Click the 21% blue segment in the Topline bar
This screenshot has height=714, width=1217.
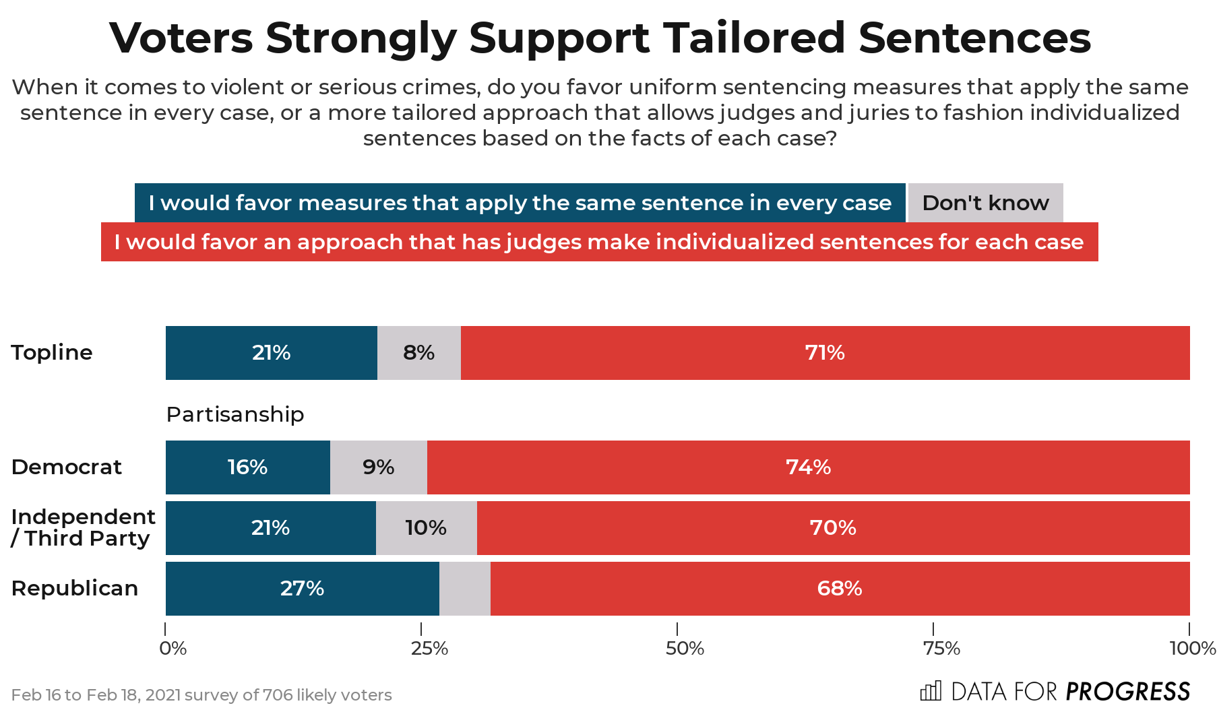pos(271,353)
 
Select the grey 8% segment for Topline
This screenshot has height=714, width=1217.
pos(418,353)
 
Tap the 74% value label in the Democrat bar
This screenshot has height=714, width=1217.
pos(808,467)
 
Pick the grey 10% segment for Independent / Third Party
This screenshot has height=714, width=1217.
pos(426,528)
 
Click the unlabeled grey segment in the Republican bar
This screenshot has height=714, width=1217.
pos(464,589)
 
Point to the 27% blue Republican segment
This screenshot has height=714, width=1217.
pos(302,589)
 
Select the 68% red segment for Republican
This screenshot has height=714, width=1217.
pos(839,589)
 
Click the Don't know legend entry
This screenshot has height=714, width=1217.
pos(985,203)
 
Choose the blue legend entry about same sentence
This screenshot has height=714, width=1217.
pos(520,203)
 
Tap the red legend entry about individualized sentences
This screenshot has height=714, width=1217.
pos(599,242)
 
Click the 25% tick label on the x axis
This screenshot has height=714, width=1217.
pos(429,649)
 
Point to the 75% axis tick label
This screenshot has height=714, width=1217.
pos(941,649)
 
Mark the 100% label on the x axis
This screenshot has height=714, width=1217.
pos(1192,649)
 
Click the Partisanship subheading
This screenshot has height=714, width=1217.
pos(235,414)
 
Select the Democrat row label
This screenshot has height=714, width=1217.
pos(67,467)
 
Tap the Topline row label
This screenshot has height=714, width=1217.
pos(52,353)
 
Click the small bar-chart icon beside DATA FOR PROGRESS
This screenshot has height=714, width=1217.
pos(930,691)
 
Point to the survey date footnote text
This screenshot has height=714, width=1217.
pos(201,695)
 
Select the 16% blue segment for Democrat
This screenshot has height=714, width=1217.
pos(247,467)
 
